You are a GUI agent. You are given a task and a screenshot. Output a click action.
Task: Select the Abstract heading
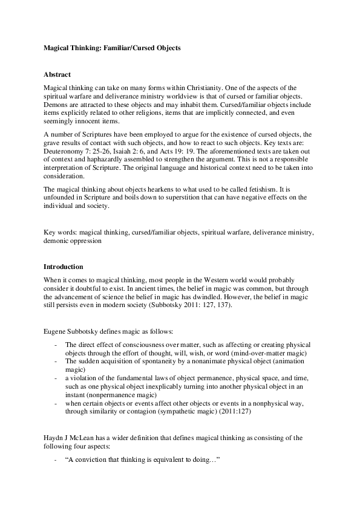click(x=57, y=74)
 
